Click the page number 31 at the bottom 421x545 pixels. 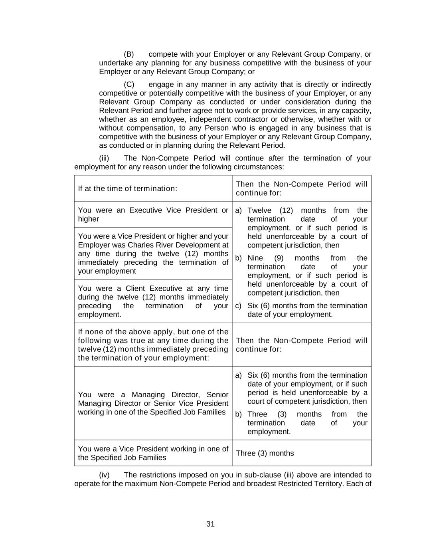[x=211, y=524]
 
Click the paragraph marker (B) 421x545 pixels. [x=128, y=54]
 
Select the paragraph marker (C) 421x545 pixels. [x=129, y=84]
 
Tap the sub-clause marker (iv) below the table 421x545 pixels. [x=104, y=475]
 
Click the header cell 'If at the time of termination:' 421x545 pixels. [x=128, y=188]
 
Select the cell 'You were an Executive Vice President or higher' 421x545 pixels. [x=153, y=214]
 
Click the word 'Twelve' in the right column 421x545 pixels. [x=259, y=210]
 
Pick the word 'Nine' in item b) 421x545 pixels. [x=255, y=258]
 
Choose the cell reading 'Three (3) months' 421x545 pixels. [x=265, y=453]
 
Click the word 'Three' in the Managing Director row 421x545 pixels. [x=257, y=414]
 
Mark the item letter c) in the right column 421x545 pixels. [x=238, y=306]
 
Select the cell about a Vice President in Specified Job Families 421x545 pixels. [x=153, y=453]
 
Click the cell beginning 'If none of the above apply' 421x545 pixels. [x=153, y=345]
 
